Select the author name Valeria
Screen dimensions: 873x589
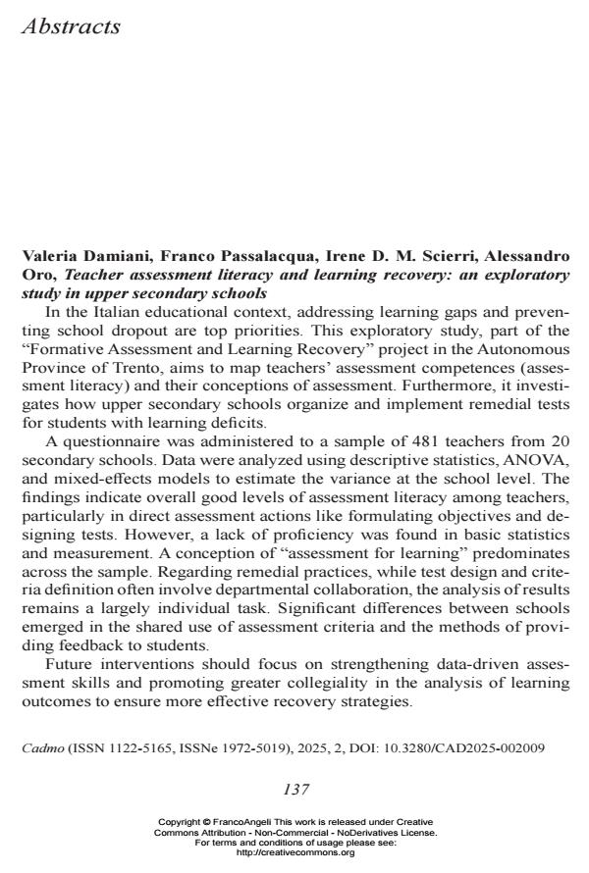click(x=49, y=258)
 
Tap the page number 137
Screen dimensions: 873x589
click(x=295, y=790)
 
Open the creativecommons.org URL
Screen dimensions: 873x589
click(x=295, y=853)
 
